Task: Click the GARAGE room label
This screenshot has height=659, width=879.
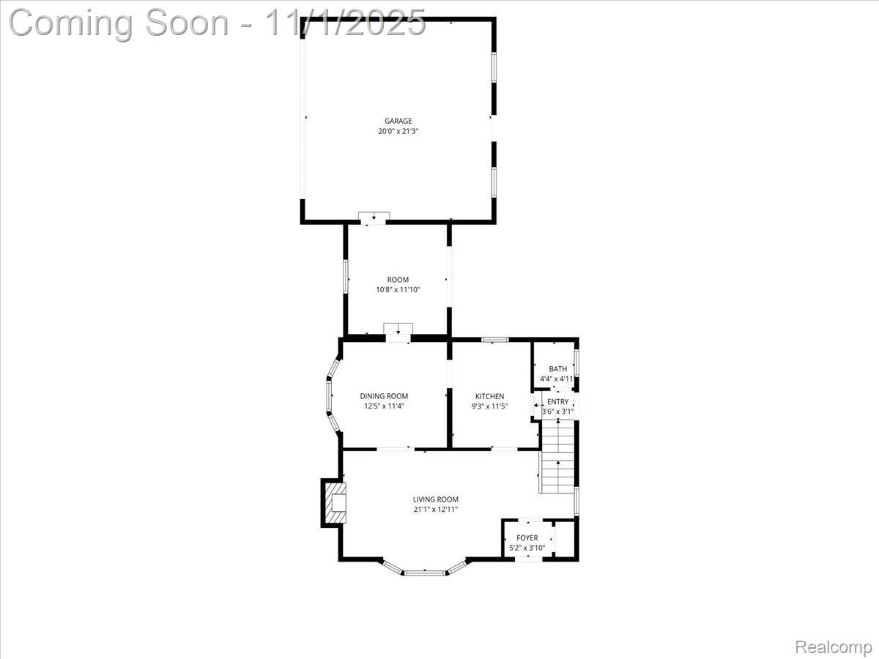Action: [x=398, y=122]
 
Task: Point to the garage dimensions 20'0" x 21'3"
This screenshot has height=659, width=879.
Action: [x=398, y=132]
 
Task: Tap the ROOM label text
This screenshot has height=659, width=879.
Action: [x=398, y=280]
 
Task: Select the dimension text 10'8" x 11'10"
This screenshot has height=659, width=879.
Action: [x=398, y=290]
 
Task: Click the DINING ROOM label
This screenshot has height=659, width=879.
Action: [x=384, y=396]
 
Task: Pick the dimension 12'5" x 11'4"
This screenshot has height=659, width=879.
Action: [x=384, y=406]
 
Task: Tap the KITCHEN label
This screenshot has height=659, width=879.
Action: [x=489, y=396]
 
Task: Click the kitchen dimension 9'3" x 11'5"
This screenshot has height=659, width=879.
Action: [x=489, y=406]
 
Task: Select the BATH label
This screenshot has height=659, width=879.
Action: [x=558, y=369]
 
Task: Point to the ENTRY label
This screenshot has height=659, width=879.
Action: [x=558, y=402]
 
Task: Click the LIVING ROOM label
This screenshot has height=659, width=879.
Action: [x=436, y=499]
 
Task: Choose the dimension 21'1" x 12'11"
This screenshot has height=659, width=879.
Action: [x=436, y=510]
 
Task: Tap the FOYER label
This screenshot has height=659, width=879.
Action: [x=527, y=538]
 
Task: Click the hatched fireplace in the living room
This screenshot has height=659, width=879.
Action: [x=335, y=502]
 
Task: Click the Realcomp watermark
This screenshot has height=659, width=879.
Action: [x=834, y=647]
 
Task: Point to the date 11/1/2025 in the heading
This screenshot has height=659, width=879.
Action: [x=344, y=22]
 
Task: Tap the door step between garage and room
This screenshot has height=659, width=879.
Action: [x=374, y=217]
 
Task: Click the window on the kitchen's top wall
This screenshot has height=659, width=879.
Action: [x=494, y=339]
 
